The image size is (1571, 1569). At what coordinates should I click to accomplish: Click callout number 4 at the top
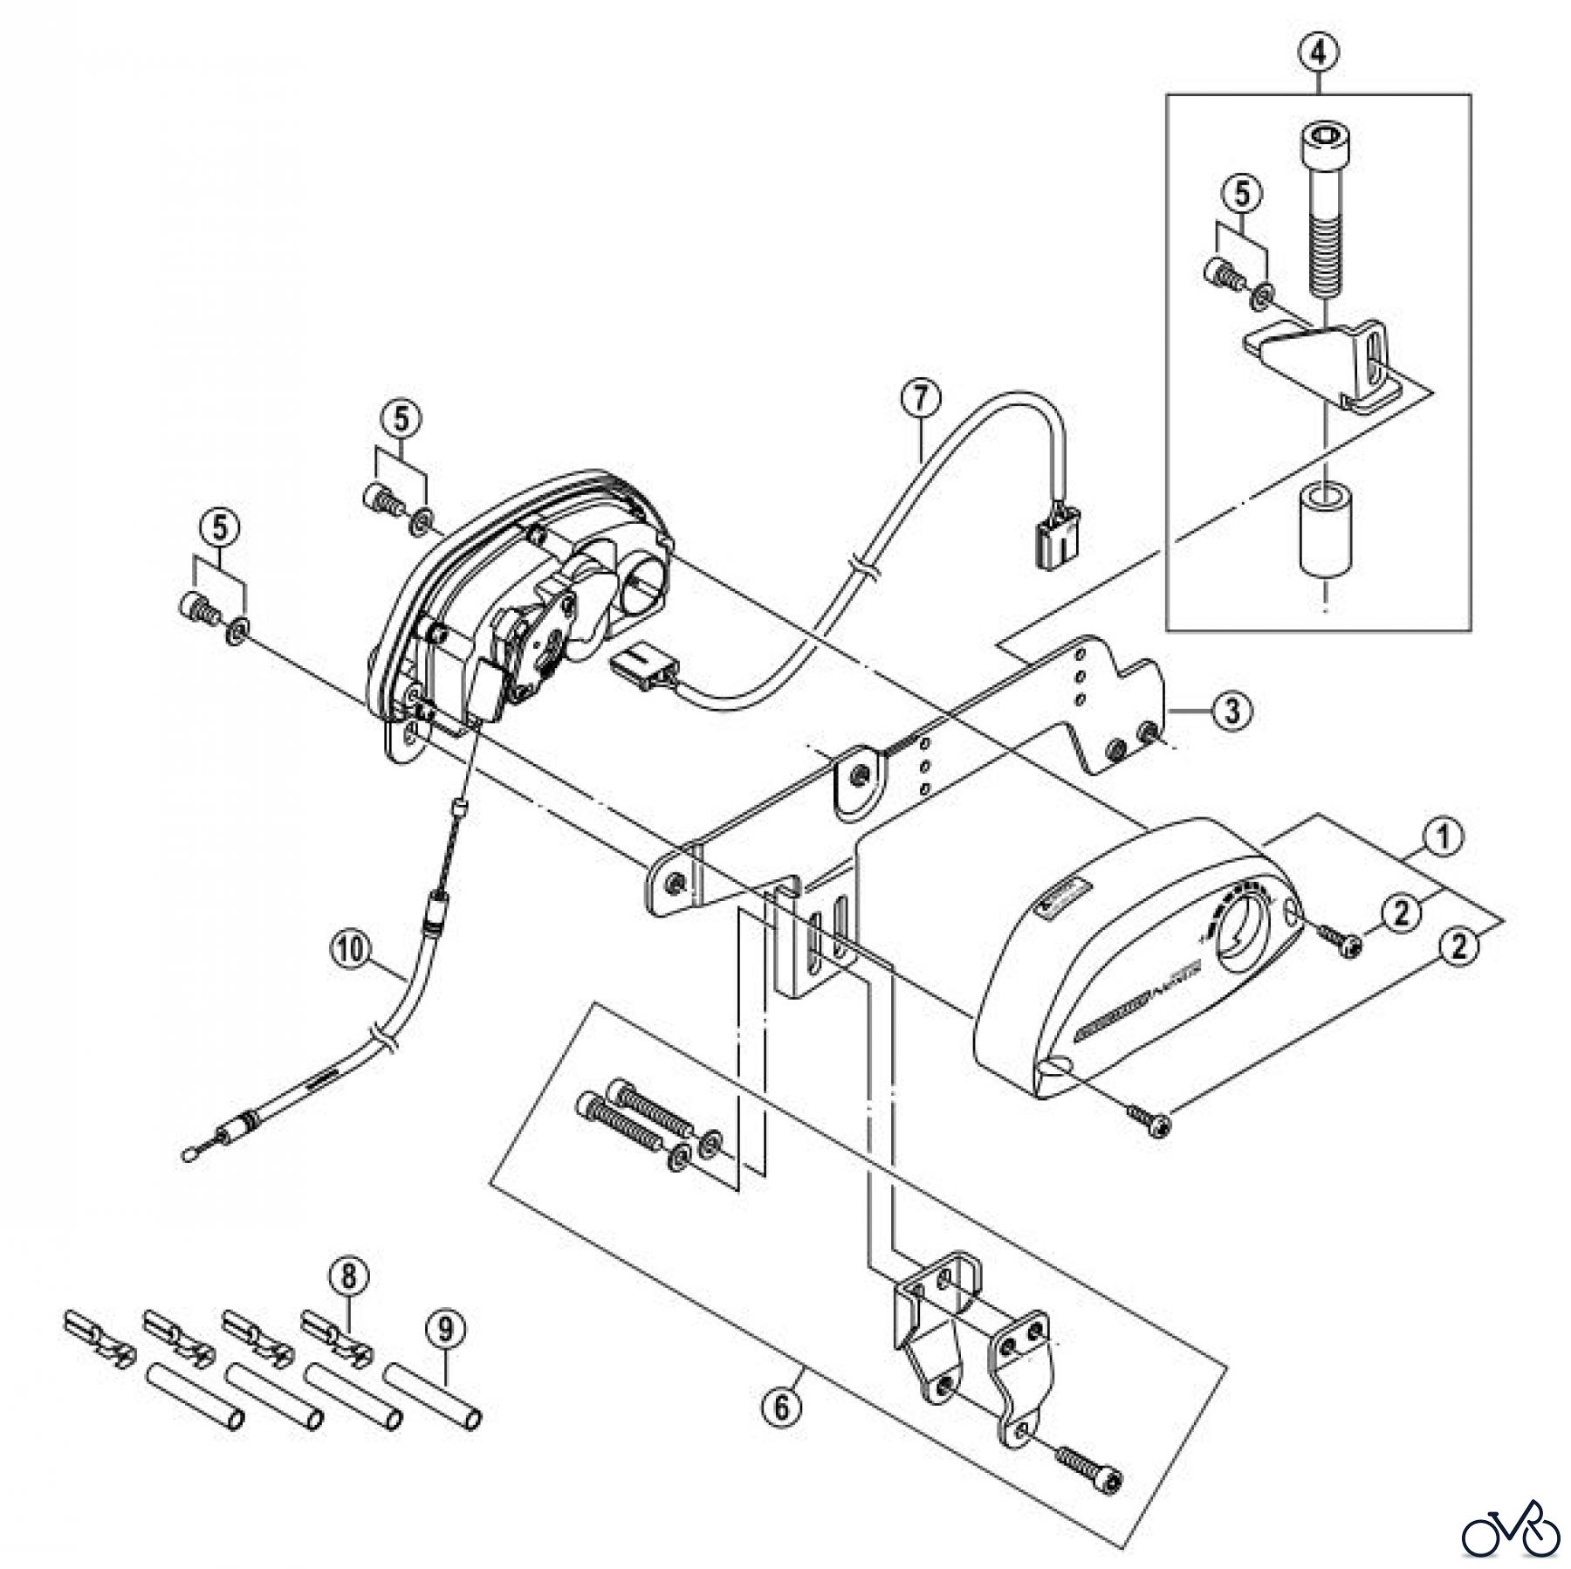(x=1318, y=52)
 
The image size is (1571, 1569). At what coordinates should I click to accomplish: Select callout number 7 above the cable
(x=923, y=399)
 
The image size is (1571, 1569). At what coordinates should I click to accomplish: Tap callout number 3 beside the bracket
(x=1231, y=711)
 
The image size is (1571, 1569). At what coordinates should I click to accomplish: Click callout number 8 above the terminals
(x=349, y=1277)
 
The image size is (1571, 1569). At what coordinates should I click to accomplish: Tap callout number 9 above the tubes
(x=445, y=1330)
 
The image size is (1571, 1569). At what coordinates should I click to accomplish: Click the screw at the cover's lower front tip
(x=1148, y=1122)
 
